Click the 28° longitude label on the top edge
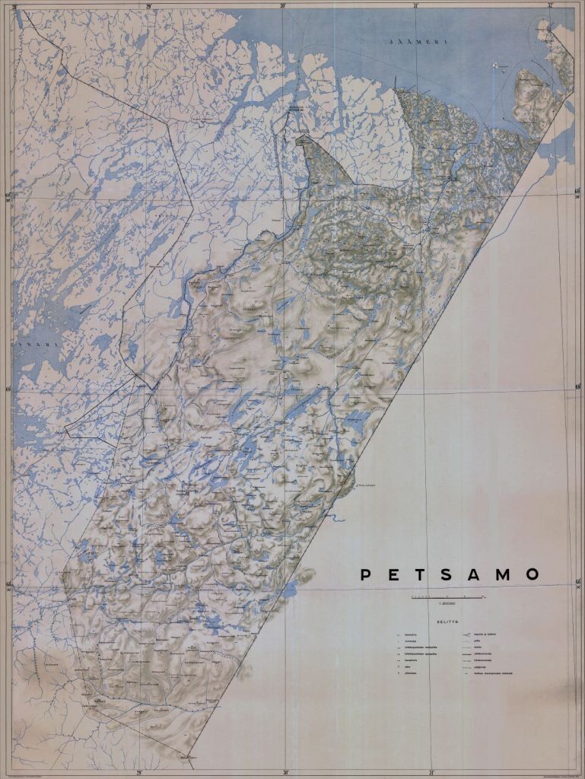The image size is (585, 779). pyautogui.click(x=14, y=5)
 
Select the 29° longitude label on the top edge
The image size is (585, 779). pyautogui.click(x=149, y=5)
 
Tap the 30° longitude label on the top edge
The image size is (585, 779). pyautogui.click(x=283, y=5)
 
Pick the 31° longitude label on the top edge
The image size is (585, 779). pyautogui.click(x=416, y=5)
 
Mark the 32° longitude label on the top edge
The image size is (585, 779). pyautogui.click(x=550, y=5)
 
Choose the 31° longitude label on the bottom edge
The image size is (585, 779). pyautogui.click(x=431, y=772)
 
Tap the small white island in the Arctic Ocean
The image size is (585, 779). pyautogui.click(x=498, y=66)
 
